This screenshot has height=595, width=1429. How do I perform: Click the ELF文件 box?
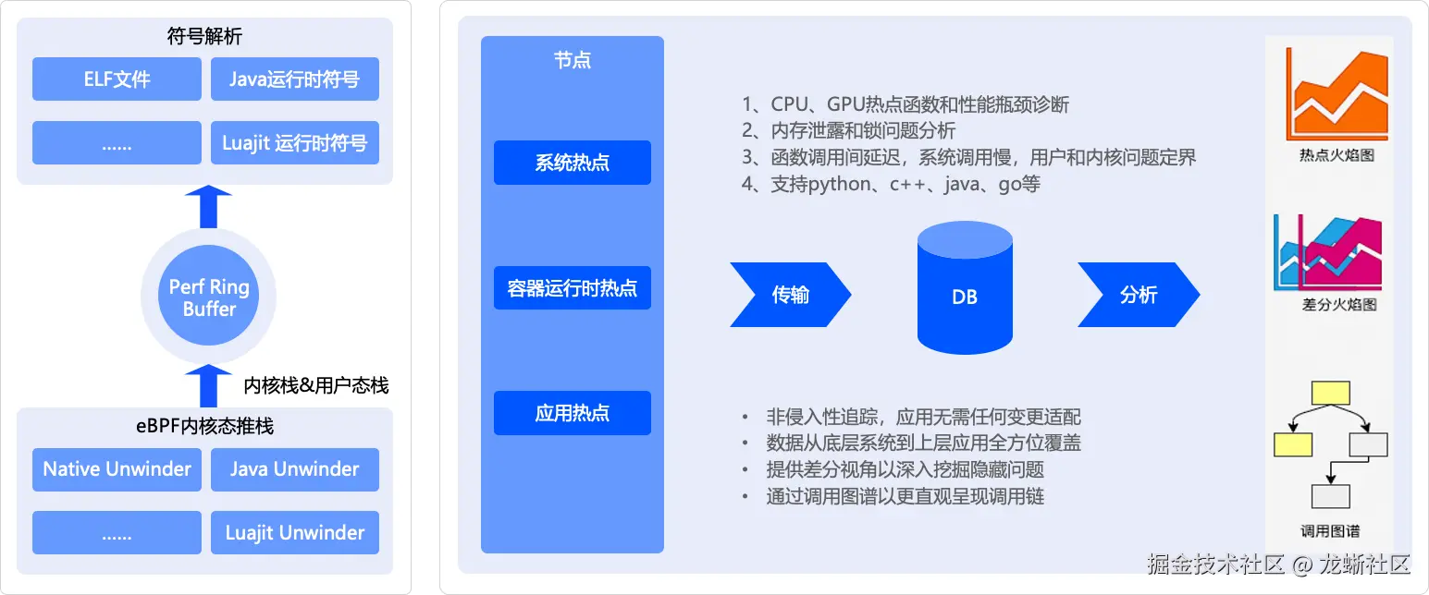tap(117, 79)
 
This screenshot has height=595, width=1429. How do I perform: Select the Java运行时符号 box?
tap(295, 79)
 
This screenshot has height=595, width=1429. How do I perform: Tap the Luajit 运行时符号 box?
tap(295, 143)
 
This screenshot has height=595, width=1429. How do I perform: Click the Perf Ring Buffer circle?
tap(209, 297)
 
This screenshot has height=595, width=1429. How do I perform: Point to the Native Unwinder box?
tap(117, 469)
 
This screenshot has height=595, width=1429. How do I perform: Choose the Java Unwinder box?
tap(295, 469)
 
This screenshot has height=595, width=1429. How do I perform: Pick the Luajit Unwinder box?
tap(295, 533)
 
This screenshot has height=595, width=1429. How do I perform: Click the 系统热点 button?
tap(572, 164)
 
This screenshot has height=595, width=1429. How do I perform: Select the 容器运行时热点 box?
tap(572, 288)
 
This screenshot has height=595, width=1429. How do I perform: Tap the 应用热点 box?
tap(572, 413)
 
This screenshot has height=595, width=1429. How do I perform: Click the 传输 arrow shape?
tap(789, 295)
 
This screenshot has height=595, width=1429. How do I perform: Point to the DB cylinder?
tap(964, 288)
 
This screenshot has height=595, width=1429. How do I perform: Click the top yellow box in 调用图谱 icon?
tap(1330, 393)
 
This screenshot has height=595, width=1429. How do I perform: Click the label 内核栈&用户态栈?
tap(315, 385)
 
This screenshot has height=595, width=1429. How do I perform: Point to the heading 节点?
tap(573, 61)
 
